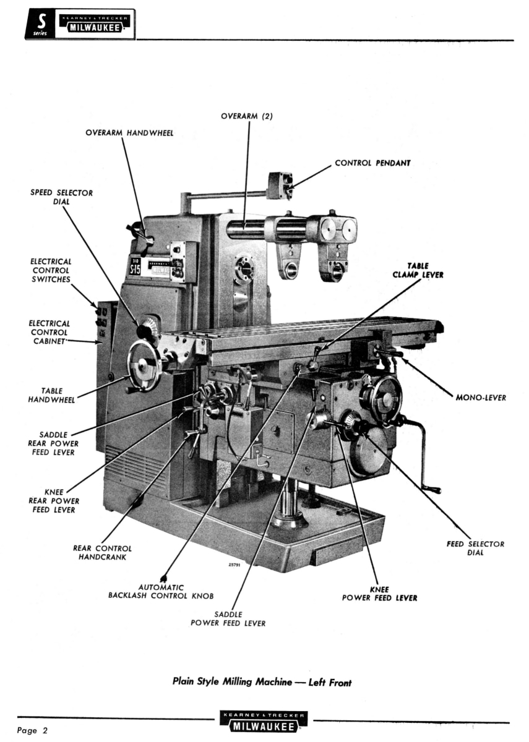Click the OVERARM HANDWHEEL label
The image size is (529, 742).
pos(129,133)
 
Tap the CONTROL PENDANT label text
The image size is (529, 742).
pos(372,163)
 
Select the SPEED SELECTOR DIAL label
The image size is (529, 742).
pos(62,197)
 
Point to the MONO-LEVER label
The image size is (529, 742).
pos(481,398)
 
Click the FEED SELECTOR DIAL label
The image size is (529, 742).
pos(475,548)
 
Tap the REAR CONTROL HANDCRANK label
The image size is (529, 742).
pos(102,552)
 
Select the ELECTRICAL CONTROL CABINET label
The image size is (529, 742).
pos(50,332)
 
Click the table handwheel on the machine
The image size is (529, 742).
pos(144,365)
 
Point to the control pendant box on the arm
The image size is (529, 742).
pos(280,185)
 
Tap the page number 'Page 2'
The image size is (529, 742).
pos(32,731)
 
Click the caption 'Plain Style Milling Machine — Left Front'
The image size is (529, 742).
pos(262,683)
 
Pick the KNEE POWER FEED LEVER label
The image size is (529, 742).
pos(379,594)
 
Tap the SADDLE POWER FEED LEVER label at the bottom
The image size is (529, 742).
pos(228,618)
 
